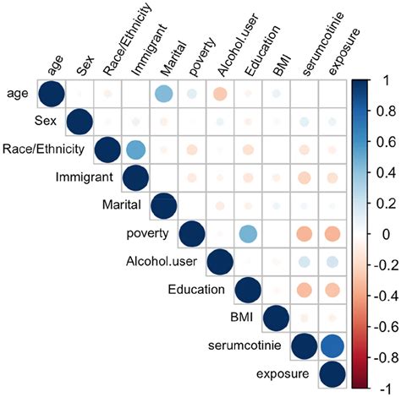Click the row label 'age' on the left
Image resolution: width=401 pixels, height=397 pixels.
18,94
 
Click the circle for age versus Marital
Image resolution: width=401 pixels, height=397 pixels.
163,95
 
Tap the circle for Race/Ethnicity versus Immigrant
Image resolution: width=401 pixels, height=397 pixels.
135,150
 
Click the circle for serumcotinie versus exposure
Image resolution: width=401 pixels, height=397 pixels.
332,345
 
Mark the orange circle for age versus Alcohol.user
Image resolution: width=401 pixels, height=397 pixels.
219,95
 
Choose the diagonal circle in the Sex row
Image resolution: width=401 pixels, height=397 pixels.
79,122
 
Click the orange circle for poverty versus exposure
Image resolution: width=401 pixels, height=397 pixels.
332,234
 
